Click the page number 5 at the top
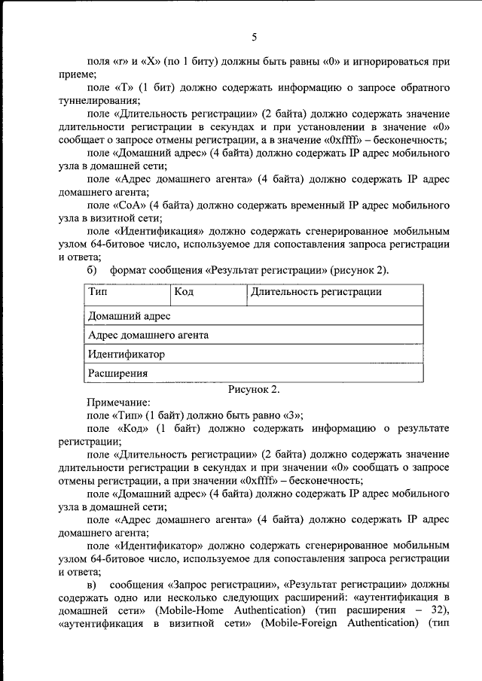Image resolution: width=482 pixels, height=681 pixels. (x=254, y=38)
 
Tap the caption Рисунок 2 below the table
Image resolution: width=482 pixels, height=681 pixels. (x=254, y=389)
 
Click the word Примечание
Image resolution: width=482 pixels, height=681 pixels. (x=119, y=403)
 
